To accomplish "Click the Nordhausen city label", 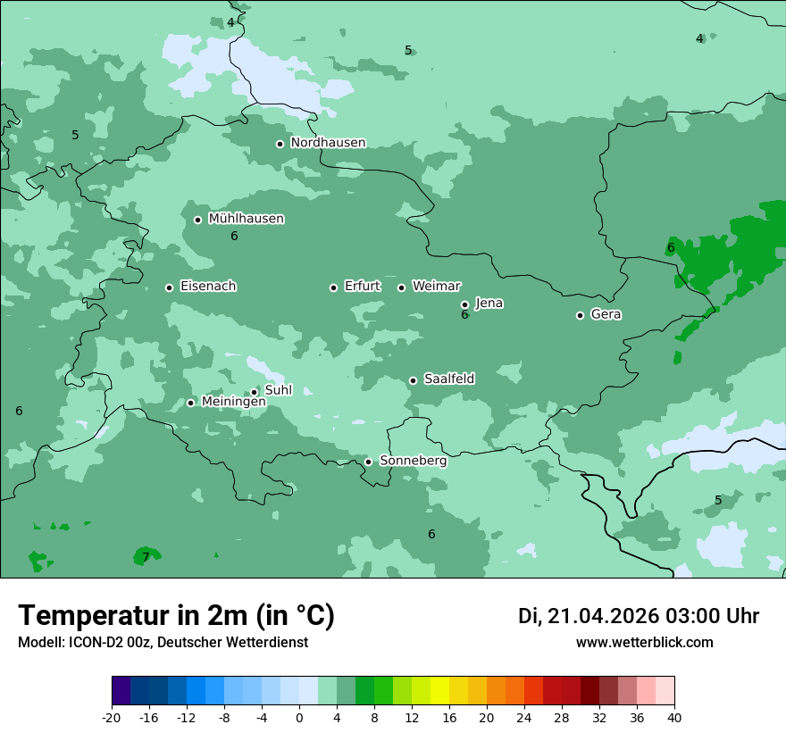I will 328,143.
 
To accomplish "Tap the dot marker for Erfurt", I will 333,287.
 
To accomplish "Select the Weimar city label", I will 436,287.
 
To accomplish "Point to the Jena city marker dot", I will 464,304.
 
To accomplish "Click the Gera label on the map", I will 606,314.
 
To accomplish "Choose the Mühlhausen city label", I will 246,219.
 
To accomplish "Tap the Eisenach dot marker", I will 169,287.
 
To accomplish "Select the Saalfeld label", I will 448,379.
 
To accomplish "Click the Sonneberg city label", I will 413,461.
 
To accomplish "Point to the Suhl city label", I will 278,390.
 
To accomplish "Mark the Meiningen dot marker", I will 190,403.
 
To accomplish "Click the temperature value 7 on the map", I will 146,558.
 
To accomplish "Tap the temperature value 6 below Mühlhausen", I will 234,237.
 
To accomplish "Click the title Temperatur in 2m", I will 176,615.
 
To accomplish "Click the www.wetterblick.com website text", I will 644,642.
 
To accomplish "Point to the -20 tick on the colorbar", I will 112,717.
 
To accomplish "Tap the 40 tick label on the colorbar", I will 673,717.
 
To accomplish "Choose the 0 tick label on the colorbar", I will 299,717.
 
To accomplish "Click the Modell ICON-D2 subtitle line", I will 163,642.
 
